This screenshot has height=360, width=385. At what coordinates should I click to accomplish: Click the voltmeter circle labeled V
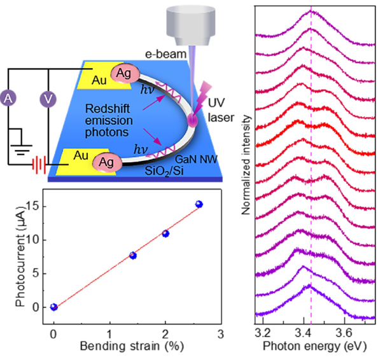click(46, 99)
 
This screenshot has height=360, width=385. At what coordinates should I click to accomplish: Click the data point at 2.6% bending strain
click(199, 204)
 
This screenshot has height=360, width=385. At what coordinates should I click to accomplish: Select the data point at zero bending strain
click(54, 307)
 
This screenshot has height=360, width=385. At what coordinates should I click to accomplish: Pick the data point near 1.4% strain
click(133, 255)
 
